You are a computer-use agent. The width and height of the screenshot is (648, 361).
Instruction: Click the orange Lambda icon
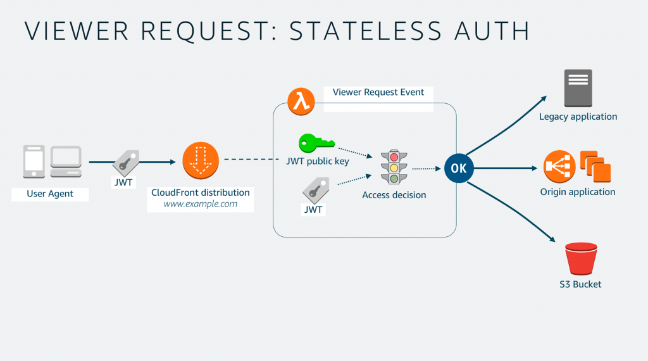tap(301, 101)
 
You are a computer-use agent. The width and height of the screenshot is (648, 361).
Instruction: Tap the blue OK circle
tap(459, 168)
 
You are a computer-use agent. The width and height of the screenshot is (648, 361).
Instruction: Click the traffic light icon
tap(394, 167)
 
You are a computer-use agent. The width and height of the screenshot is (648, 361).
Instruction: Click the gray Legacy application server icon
tap(578, 88)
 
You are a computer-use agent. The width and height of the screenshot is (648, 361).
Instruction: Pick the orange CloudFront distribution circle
tap(201, 161)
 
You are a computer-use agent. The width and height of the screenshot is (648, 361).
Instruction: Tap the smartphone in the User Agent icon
tap(34, 161)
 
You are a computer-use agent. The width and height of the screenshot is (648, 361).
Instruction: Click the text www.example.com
tap(201, 204)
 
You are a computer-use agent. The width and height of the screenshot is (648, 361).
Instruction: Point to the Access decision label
tap(394, 195)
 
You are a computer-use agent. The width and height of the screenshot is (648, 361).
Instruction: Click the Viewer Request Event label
tap(378, 92)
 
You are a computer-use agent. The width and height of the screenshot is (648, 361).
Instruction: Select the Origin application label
tap(577, 192)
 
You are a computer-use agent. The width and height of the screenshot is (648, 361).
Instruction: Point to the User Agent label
tap(50, 194)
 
